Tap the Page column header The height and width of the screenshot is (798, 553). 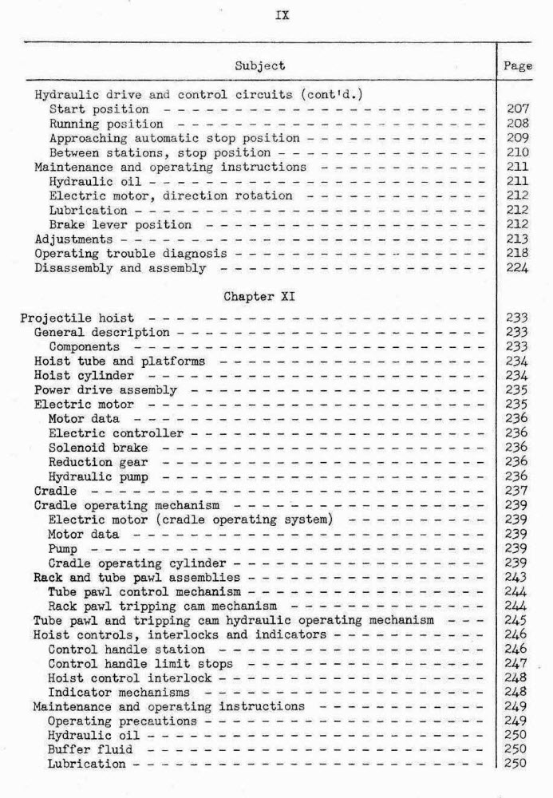tap(519, 65)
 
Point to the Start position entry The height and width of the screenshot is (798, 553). tap(99, 109)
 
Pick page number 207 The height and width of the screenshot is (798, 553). tap(519, 109)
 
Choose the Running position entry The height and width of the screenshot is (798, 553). tap(106, 124)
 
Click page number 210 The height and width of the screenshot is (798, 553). tap(519, 152)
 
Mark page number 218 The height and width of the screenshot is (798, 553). tap(519, 254)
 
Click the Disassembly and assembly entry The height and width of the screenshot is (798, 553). tap(120, 268)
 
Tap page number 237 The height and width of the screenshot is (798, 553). tap(519, 491)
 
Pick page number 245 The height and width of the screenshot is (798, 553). tap(519, 620)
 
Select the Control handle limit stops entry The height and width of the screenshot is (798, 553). tap(140, 663)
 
